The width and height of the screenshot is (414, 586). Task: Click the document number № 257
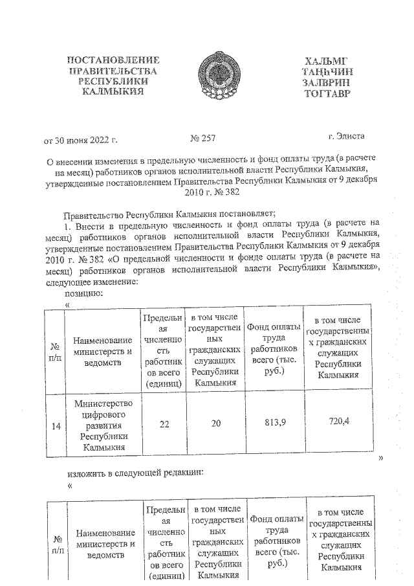[x=203, y=138]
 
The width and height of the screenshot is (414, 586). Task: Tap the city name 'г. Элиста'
[x=346, y=136]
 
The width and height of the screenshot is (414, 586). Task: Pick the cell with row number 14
[x=56, y=425]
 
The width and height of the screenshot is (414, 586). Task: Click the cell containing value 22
[x=164, y=423]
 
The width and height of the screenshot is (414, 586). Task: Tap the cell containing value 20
[x=215, y=423]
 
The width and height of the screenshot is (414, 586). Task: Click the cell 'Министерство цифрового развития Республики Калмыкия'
[x=103, y=425]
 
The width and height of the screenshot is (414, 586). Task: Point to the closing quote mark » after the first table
[x=381, y=458]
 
